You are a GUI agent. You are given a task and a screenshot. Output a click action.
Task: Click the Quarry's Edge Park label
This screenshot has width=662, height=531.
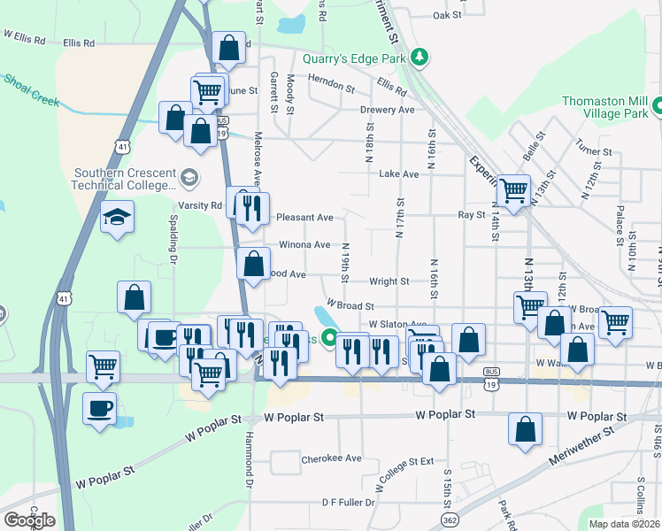[x=353, y=59]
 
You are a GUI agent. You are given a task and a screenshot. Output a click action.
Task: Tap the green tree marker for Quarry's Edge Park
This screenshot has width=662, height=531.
[x=419, y=58]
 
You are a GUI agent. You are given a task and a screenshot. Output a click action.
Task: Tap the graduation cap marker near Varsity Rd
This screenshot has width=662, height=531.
[x=117, y=219]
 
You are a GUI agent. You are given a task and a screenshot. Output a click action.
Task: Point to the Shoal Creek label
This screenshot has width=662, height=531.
[x=32, y=90]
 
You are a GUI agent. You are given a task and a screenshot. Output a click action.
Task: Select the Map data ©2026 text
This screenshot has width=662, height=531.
[x=624, y=524]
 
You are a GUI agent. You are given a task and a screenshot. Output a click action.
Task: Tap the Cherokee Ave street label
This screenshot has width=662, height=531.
[x=329, y=458]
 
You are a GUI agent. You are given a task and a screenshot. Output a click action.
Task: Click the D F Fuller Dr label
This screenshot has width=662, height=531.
[x=348, y=502]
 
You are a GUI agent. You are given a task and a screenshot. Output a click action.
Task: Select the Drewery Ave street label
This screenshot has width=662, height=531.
[x=387, y=110]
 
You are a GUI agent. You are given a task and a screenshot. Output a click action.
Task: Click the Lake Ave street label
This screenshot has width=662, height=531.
[x=398, y=174]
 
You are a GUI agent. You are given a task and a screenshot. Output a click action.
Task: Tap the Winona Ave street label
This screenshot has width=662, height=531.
[x=304, y=244]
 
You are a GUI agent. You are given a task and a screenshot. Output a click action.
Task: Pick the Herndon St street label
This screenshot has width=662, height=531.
[x=331, y=89]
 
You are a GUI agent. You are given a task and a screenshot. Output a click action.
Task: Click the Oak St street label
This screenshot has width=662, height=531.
[x=448, y=15]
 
